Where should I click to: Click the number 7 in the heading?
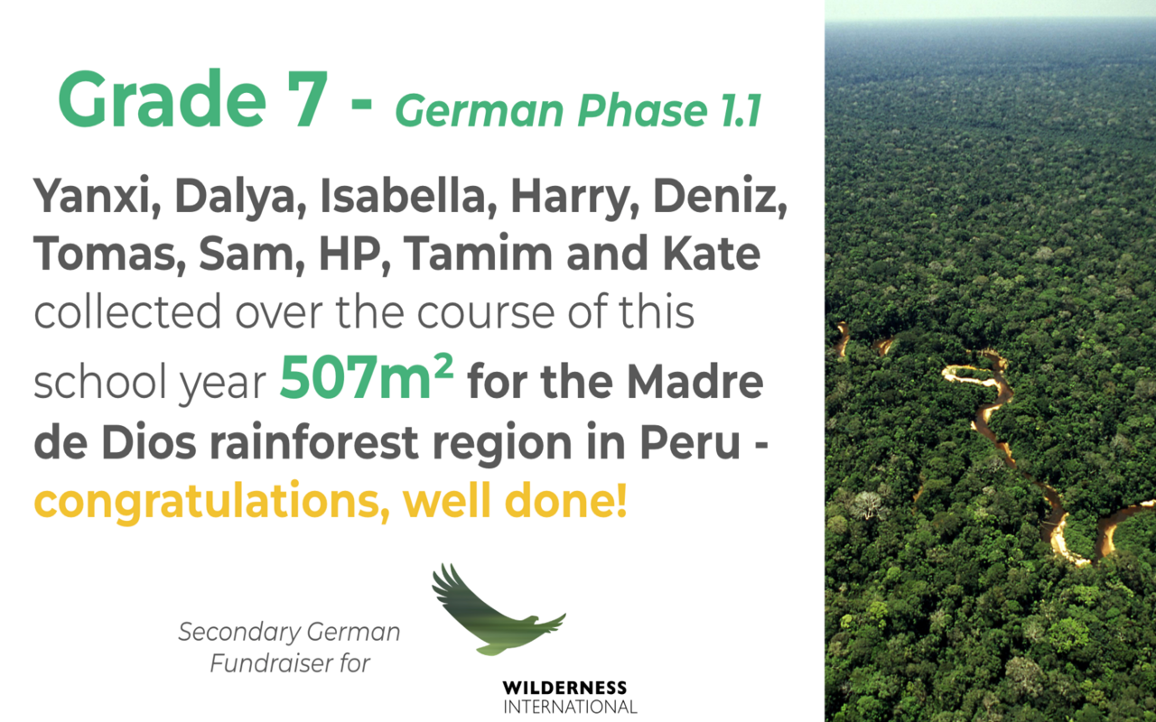click(303, 99)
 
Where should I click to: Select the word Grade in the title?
click(162, 98)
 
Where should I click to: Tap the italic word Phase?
click(641, 110)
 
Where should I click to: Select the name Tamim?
click(479, 253)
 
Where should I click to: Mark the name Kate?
click(712, 253)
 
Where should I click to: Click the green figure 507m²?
click(367, 376)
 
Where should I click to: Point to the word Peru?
click(691, 442)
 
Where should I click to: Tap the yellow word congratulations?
click(211, 502)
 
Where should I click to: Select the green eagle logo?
click(498, 609)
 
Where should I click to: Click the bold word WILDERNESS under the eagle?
click(564, 688)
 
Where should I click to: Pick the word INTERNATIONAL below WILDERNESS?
click(570, 707)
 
